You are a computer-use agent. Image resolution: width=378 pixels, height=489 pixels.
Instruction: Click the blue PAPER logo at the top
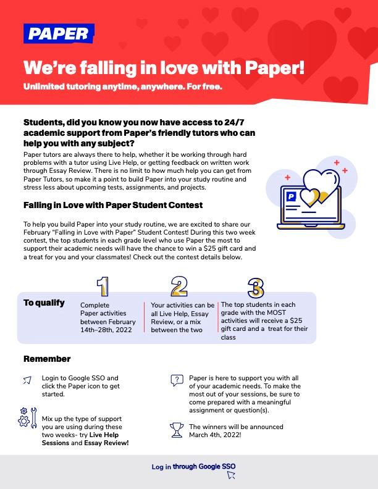(x=59, y=33)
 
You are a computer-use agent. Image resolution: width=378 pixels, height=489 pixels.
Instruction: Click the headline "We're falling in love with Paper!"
(x=164, y=67)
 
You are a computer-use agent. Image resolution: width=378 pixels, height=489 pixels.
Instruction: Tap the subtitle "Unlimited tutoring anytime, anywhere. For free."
(x=123, y=86)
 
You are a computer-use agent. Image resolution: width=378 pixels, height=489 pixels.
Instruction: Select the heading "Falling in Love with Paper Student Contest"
(x=113, y=205)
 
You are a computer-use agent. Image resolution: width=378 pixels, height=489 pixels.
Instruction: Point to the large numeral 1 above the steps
(x=103, y=286)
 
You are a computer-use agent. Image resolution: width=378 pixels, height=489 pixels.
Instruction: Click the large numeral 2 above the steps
(x=179, y=286)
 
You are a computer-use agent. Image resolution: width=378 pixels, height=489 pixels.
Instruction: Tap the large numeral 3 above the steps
(x=256, y=288)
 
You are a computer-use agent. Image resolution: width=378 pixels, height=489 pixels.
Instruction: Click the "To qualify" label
(x=44, y=303)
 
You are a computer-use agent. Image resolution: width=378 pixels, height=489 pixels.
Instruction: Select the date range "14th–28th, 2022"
(x=106, y=330)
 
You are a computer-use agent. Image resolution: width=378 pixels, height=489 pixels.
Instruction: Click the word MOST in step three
(x=276, y=312)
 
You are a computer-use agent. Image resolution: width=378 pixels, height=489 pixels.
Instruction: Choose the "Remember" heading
(x=47, y=359)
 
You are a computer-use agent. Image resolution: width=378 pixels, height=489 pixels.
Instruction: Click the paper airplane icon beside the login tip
(x=27, y=380)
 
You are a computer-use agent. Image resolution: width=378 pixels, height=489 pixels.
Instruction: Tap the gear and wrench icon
(x=27, y=419)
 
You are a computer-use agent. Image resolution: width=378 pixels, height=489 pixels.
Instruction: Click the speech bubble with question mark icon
(x=177, y=380)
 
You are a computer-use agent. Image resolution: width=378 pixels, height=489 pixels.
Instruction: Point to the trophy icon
(x=177, y=430)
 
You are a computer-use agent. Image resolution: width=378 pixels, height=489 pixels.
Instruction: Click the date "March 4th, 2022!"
(x=215, y=435)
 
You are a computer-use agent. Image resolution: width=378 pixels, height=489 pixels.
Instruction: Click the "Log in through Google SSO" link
(x=194, y=467)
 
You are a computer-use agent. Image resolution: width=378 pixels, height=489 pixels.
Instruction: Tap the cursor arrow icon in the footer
(x=231, y=475)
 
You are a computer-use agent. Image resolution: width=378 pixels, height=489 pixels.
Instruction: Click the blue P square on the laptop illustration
(x=291, y=196)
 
